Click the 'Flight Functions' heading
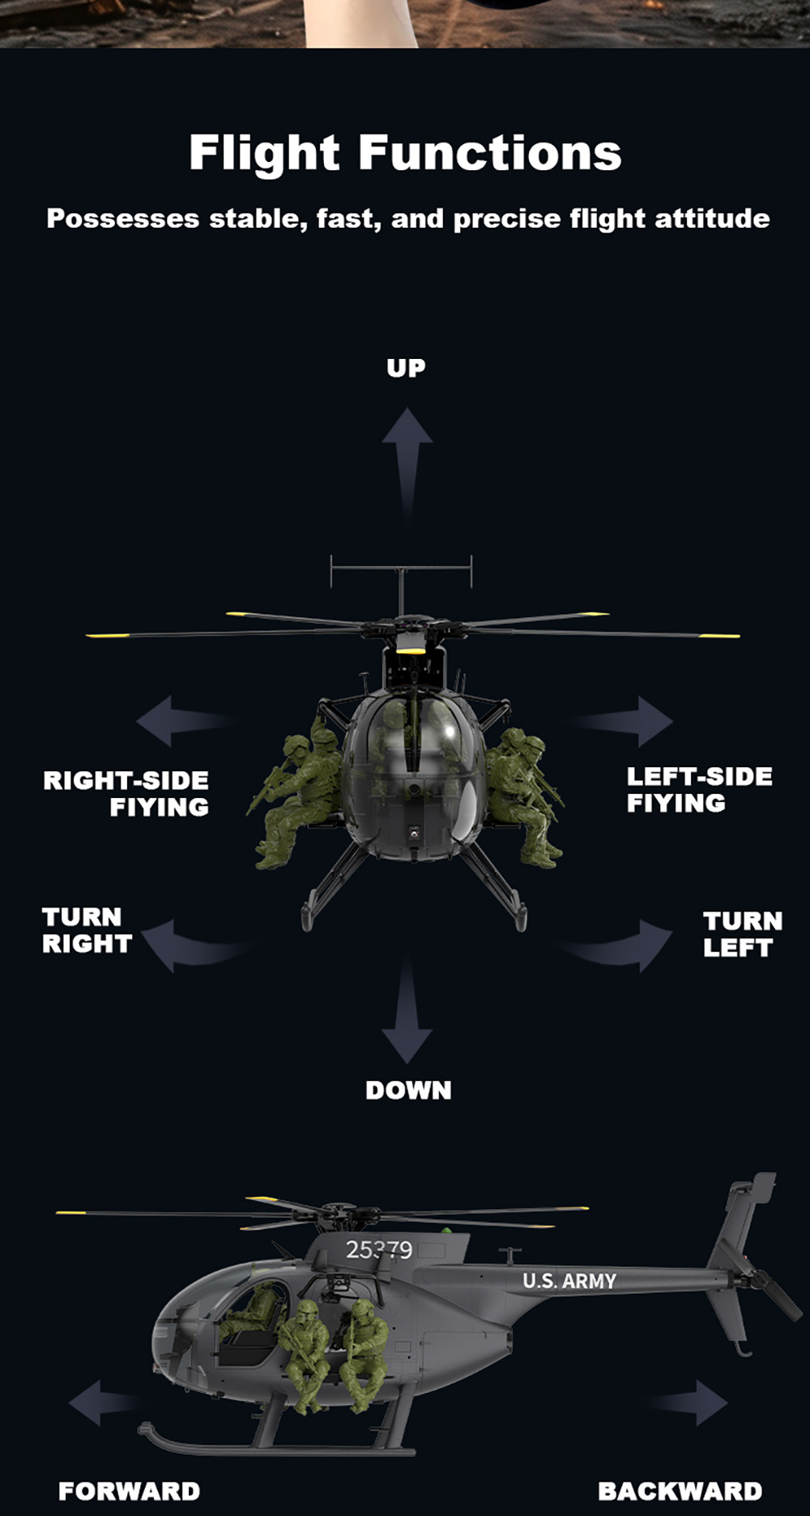coord(405,153)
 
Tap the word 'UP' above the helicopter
coord(406,368)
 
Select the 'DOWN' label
coord(408,1090)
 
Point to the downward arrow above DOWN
coord(407,1013)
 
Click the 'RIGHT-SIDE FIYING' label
coord(126,793)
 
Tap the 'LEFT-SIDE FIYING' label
coord(699,789)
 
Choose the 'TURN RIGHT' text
coord(87,930)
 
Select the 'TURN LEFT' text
coord(743,934)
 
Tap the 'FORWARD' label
coord(130,1491)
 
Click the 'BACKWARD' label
coord(680,1491)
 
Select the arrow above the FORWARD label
coord(101,1403)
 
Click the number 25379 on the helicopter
coord(379,1250)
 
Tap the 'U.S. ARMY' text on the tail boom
coord(569,1281)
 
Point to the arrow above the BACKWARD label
coord(693,1403)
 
